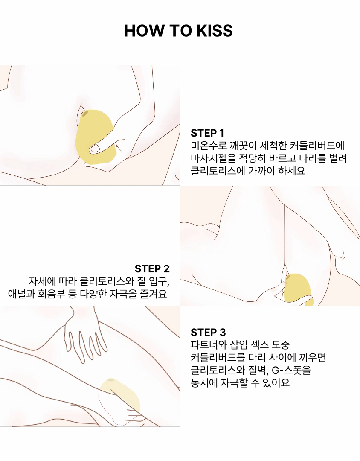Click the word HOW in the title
tap(144, 31)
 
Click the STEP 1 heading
tap(207, 133)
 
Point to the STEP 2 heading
tap(152, 269)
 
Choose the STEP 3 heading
tap(208, 333)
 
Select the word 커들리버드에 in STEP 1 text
tap(317, 146)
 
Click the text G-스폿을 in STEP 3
tap(291, 370)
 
